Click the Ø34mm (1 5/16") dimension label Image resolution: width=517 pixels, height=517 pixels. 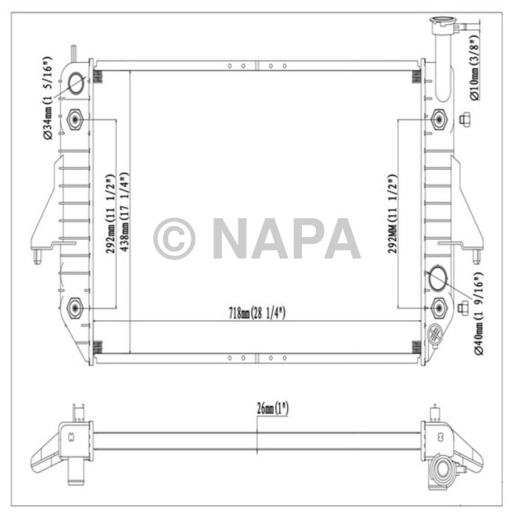[47, 97]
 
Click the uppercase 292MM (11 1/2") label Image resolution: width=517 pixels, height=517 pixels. [393, 214]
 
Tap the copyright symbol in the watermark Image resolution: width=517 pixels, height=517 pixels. [174, 239]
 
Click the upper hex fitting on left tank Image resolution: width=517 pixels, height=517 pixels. [75, 119]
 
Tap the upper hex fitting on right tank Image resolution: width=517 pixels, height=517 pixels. [439, 119]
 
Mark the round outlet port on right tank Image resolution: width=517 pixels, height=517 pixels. [436, 280]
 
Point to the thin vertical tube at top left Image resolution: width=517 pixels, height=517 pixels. [73, 55]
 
